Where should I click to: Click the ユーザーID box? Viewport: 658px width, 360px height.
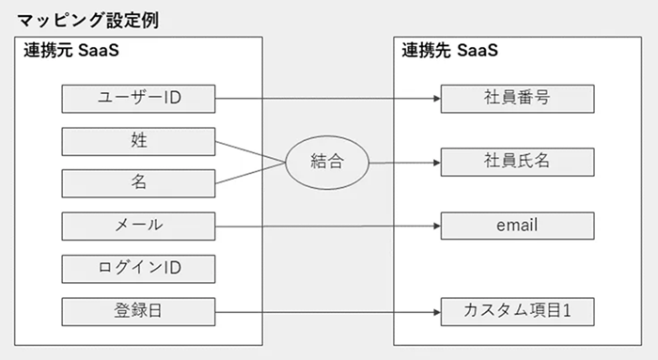point(139,98)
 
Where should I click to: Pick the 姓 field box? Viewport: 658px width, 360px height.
point(139,141)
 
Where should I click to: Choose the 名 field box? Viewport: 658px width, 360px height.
point(139,182)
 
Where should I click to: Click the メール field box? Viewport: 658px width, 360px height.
point(139,226)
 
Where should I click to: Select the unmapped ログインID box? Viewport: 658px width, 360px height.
point(139,268)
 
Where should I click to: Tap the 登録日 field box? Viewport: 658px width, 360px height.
point(139,310)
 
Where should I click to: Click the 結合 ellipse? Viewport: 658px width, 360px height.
point(327,162)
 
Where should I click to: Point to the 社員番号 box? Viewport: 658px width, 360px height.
point(516,98)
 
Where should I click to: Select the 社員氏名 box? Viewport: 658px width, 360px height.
point(516,161)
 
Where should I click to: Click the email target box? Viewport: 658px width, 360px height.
point(516,226)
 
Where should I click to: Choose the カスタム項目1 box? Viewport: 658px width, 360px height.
point(516,310)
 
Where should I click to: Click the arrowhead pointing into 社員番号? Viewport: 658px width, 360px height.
point(436,98)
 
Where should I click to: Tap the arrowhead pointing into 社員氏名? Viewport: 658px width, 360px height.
point(436,162)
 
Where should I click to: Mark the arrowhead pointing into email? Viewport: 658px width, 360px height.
point(436,226)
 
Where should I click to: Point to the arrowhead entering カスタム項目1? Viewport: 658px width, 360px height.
point(436,310)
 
